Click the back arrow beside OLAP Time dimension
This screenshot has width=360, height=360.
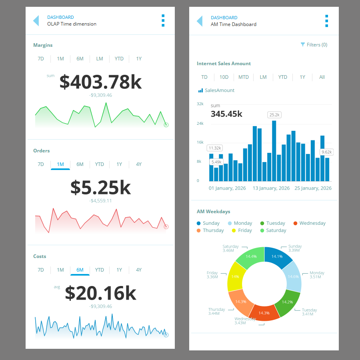click(x=36, y=20)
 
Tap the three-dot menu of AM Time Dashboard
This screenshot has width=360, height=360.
click(x=327, y=21)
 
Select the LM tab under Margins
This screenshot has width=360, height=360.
click(x=100, y=59)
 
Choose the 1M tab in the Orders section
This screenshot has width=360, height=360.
click(x=60, y=164)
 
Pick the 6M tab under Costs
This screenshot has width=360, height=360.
click(x=80, y=270)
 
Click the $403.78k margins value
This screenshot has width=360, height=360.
click(x=100, y=82)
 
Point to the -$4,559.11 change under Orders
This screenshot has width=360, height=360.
click(x=100, y=201)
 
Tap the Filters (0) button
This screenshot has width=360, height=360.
click(x=314, y=45)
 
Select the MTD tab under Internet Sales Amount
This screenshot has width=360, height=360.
click(x=244, y=77)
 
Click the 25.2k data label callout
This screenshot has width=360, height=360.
click(x=274, y=115)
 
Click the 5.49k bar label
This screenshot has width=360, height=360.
click(x=216, y=162)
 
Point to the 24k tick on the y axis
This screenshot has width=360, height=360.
click(x=200, y=123)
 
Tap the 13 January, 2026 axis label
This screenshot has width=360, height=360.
click(x=271, y=188)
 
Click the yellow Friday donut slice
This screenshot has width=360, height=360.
click(x=235, y=276)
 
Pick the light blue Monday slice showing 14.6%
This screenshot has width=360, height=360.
click(x=293, y=276)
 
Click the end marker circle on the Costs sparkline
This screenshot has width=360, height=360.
click(x=166, y=335)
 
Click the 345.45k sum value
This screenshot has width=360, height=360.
click(x=226, y=114)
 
